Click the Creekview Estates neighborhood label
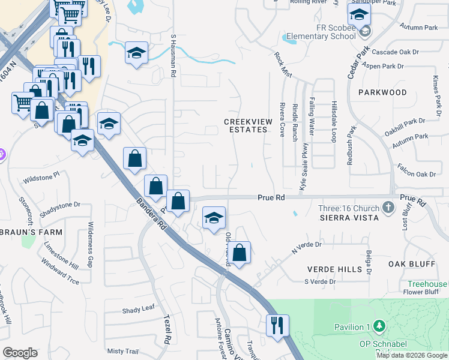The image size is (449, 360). (x=248, y=125)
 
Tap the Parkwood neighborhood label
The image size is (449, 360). (x=382, y=92)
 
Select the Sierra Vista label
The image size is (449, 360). (x=349, y=217)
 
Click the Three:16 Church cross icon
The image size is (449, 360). (x=388, y=208)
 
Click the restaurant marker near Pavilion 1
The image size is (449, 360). (x=277, y=325)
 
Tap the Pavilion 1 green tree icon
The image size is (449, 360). (x=379, y=326)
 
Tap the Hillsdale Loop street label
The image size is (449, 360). (x=333, y=121)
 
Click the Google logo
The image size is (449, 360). (x=20, y=353)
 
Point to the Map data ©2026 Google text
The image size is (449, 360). (x=412, y=355)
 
